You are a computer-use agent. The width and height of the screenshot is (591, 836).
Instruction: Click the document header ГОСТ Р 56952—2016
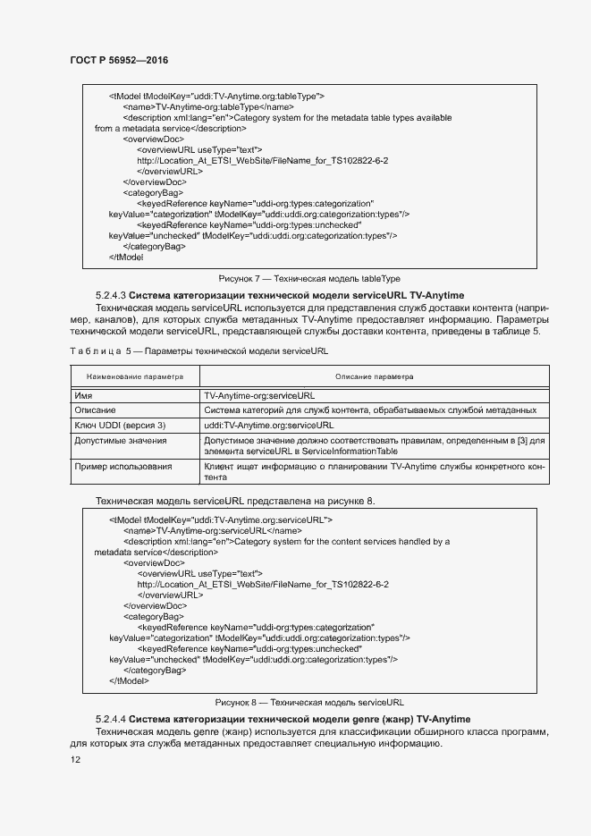[119, 60]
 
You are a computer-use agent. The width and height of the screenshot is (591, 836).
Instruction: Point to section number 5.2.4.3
[111, 296]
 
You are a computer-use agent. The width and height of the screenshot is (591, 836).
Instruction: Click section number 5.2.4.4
[111, 720]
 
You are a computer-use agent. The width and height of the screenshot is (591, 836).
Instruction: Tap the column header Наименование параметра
[134, 377]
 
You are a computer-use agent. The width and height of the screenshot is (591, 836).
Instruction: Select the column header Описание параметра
[374, 377]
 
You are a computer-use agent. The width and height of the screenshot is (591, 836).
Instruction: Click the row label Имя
[83, 395]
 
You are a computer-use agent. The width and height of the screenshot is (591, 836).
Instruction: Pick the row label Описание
[94, 410]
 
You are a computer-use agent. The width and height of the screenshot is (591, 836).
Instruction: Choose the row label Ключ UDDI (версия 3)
[120, 426]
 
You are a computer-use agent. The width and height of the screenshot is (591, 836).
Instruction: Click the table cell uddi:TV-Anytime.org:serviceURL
[268, 426]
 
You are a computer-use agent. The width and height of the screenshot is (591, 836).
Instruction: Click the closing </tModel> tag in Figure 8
[129, 680]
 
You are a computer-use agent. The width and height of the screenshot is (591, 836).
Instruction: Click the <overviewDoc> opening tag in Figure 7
[153, 139]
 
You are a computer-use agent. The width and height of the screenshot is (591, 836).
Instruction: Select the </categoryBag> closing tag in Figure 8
[155, 670]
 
